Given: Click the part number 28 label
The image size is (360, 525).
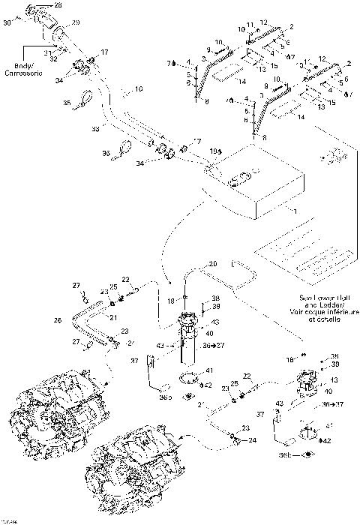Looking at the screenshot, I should click(x=59, y=5).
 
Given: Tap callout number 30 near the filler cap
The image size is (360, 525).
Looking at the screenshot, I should click(x=7, y=22).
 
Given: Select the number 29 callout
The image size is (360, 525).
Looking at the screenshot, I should click(x=76, y=24).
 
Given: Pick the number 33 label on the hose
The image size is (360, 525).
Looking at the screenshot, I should click(x=95, y=129).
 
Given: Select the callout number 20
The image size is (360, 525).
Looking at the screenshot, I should click(x=213, y=264).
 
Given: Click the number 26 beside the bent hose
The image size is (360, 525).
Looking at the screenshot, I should click(x=57, y=321).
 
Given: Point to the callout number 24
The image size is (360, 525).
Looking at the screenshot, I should click(x=253, y=439).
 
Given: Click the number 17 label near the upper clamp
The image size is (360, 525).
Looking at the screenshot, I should click(x=104, y=52).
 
